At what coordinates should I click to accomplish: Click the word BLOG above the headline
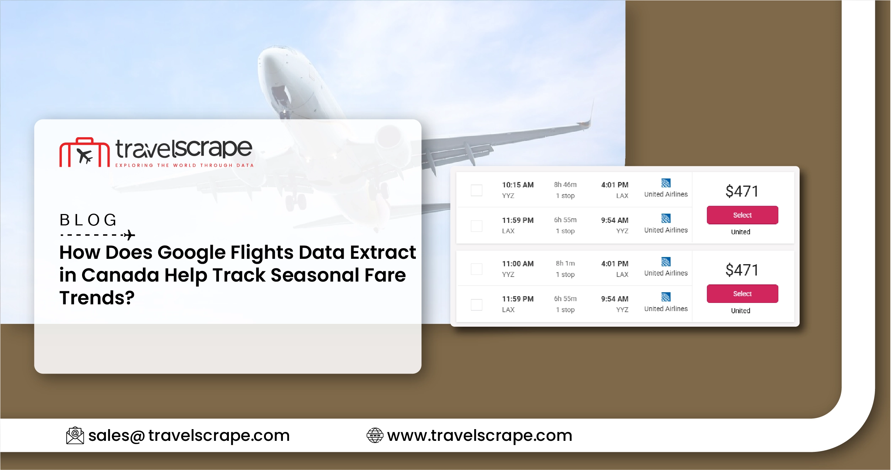tap(88, 220)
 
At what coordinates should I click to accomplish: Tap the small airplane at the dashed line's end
tap(129, 235)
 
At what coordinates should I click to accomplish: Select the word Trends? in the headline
tap(97, 298)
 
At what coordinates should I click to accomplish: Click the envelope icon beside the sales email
tap(75, 436)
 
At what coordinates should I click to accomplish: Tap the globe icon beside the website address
tap(375, 436)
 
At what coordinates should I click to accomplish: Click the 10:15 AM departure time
tap(517, 185)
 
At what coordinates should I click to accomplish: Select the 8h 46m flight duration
tap(565, 185)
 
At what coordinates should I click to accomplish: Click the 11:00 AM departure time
tap(517, 264)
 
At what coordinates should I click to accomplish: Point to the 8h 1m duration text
tap(565, 263)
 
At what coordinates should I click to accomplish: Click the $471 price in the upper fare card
tap(742, 191)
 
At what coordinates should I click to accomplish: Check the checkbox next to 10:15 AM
tap(476, 190)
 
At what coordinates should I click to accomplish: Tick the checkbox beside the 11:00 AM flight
tap(476, 269)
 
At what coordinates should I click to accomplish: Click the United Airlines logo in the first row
tap(666, 183)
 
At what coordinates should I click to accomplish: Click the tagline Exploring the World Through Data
tap(184, 165)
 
